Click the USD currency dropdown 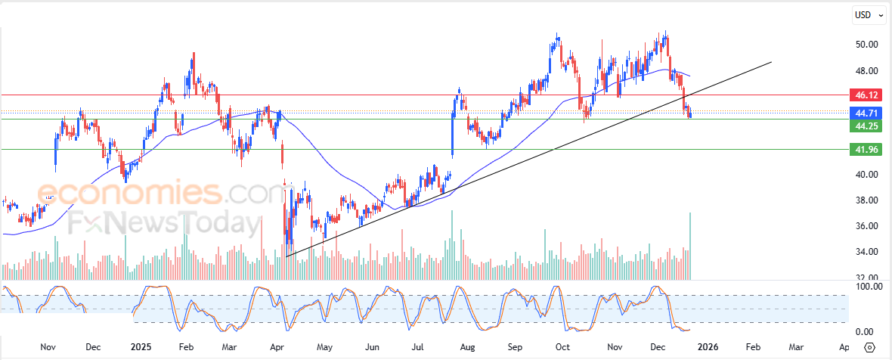click(869, 15)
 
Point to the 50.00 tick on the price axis click(866, 45)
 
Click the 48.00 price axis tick click(866, 71)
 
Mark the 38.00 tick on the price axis click(866, 200)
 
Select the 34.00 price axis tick click(866, 252)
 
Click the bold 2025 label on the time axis click(141, 347)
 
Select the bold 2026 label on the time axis click(707, 347)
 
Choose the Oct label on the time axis click(562, 347)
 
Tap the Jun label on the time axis click(372, 347)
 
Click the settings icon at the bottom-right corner click(869, 347)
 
